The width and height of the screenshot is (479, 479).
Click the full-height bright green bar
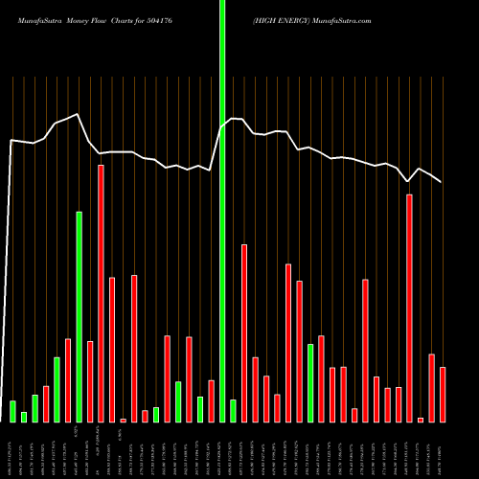pos(222,211)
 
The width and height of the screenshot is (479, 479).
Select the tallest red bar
pos(101,293)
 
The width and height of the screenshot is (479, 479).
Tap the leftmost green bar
pos(13,411)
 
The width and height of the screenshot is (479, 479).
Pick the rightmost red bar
pos(443,394)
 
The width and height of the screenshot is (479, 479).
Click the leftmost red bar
pos(46,403)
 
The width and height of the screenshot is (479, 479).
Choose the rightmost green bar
pos(310,382)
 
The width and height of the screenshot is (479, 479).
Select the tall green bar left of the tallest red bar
pos(80,316)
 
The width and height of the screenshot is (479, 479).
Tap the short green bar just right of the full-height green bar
pos(233,410)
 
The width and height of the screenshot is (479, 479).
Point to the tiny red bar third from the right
pos(421,420)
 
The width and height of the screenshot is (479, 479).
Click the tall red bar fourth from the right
pos(410,308)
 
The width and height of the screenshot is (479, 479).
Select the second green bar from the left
pos(24,417)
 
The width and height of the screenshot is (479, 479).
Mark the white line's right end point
pos(442,182)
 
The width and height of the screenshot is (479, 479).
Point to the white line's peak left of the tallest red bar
pos(79,115)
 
